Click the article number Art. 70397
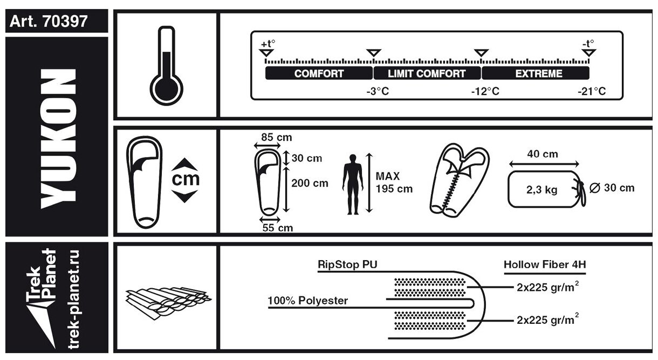[x=49, y=21]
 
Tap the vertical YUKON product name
[x=59, y=139]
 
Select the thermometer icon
[x=166, y=65]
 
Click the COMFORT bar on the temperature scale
[x=319, y=73]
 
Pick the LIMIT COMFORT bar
[x=427, y=73]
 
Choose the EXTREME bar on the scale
[x=536, y=73]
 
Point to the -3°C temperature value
[x=378, y=91]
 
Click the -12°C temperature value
[x=485, y=91]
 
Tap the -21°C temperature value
[x=592, y=91]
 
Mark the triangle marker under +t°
[x=266, y=53]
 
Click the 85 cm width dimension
[x=277, y=137]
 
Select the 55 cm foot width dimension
[x=278, y=228]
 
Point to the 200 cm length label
[x=310, y=183]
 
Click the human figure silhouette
[x=353, y=184]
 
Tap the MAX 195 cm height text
[x=394, y=182]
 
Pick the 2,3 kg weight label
[x=542, y=190]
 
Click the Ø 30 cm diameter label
[x=612, y=188]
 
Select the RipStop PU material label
[x=347, y=264]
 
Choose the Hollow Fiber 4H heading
[x=545, y=264]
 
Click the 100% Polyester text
[x=308, y=301]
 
